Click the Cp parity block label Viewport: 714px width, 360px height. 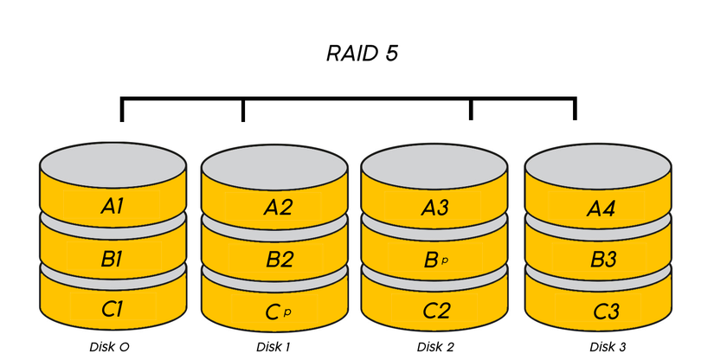pos(274,309)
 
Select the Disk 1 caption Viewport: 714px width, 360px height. pos(273,347)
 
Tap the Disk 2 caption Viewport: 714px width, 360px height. pos(434,347)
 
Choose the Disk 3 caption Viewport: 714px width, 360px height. pos(607,347)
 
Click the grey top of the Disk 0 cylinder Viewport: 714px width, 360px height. pos(113,163)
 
